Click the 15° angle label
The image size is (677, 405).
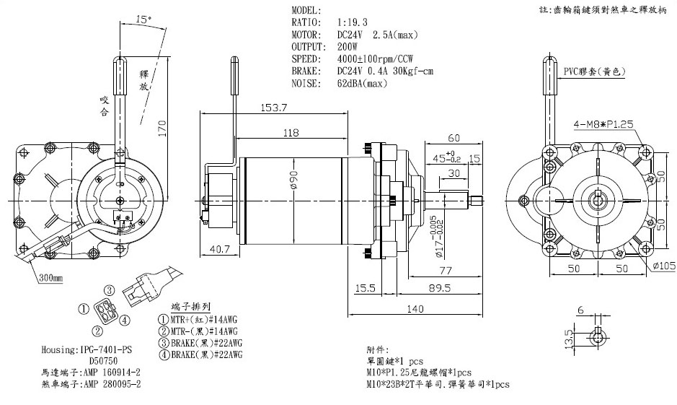(x=143, y=20)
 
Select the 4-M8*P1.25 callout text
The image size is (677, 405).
(x=603, y=124)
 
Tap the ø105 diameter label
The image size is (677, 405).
(x=663, y=266)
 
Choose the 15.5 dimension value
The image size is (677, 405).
(x=365, y=287)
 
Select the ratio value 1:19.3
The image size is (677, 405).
(x=354, y=23)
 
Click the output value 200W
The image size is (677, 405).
(x=348, y=46)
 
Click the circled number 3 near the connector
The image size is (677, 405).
(x=110, y=290)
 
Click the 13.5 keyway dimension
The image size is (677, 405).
(x=569, y=336)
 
